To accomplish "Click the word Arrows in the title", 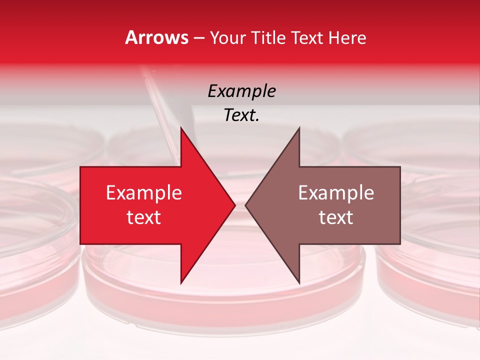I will click(156, 37).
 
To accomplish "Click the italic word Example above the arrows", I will click(241, 91).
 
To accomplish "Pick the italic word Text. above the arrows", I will click(241, 115).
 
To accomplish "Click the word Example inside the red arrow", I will click(143, 193).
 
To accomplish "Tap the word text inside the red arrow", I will click(143, 217).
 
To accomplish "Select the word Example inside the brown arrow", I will click(336, 193).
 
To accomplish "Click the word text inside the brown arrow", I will click(336, 217).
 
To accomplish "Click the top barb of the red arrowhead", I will click(182, 131).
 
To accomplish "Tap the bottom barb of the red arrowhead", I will click(182, 280).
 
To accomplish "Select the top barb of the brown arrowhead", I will click(298, 131).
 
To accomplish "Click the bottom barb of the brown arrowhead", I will click(298, 280).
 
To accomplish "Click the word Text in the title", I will click(307, 37).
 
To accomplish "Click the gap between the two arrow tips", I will click(240, 205).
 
